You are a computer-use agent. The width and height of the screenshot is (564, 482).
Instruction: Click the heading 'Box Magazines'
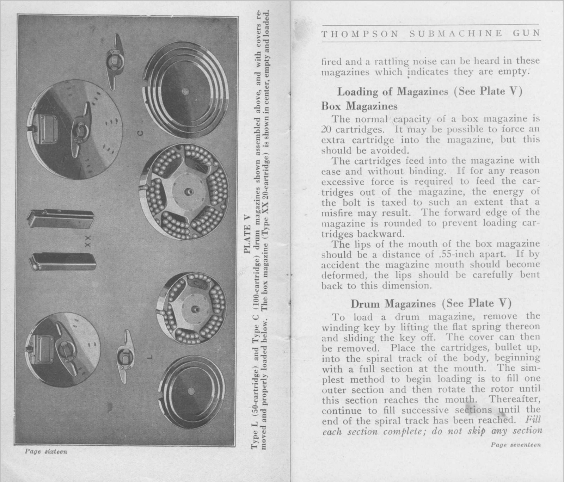359,106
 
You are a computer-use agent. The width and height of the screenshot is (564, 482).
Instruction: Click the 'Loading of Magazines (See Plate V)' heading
429,92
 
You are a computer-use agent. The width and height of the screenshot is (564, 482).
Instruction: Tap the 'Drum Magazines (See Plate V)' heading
430,303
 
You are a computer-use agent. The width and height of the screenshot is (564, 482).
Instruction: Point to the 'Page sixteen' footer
46,451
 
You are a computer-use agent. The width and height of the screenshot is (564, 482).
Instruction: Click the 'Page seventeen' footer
515,445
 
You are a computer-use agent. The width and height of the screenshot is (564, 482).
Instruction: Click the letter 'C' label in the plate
140,133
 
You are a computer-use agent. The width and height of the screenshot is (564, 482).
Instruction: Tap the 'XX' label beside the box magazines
88,241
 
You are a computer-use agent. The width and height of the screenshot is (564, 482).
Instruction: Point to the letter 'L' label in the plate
150,357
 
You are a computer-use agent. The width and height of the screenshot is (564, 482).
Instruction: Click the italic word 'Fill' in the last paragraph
533,420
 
